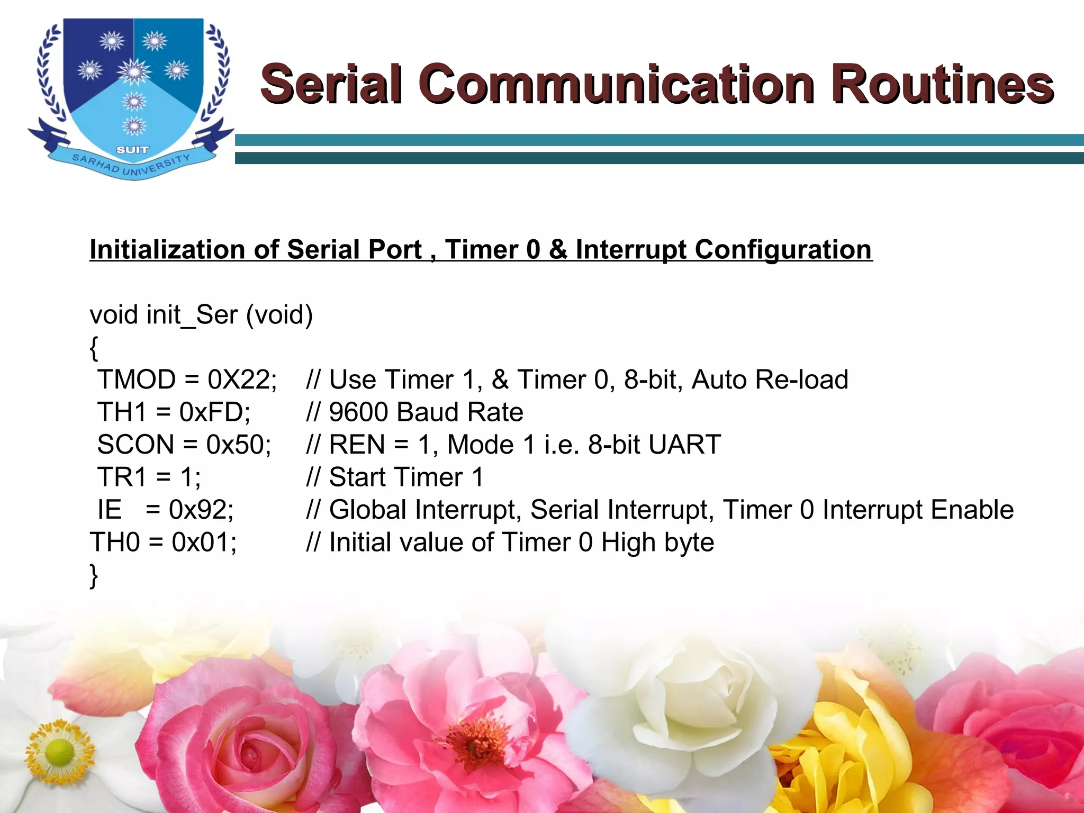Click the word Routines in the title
click(942, 85)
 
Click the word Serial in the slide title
click(331, 85)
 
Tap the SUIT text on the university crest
click(132, 150)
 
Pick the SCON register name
click(135, 445)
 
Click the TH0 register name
click(115, 542)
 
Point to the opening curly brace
click(94, 348)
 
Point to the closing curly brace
click(94, 575)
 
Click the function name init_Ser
click(192, 315)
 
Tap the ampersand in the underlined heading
click(557, 249)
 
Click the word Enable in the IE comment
click(972, 510)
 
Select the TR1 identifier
click(122, 477)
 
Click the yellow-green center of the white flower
click(59, 752)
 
